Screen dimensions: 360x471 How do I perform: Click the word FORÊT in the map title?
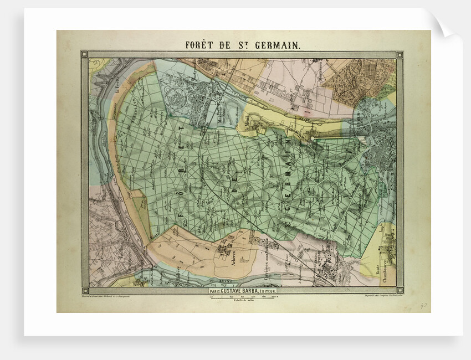[201, 45]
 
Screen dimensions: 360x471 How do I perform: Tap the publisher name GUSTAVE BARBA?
[249, 290]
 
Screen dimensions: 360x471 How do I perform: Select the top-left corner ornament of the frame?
[84, 54]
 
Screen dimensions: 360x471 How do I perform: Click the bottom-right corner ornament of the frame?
[399, 290]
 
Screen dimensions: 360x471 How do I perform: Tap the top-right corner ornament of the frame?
[399, 54]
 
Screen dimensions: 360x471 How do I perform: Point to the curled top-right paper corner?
[446, 25]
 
